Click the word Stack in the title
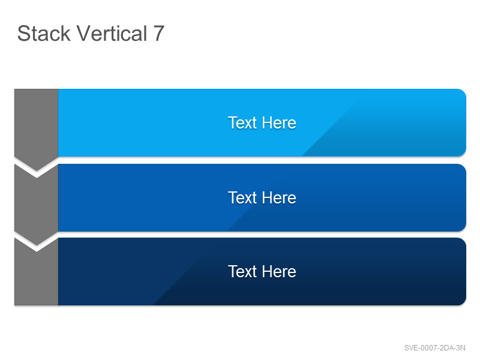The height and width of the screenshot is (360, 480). [x=44, y=34]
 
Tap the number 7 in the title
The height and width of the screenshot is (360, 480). [x=159, y=34]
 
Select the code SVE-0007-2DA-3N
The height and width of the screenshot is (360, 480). [x=434, y=348]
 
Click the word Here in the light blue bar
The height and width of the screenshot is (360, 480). [x=279, y=123]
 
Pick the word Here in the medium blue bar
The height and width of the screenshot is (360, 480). [x=279, y=197]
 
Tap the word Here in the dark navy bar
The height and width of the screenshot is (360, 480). [x=279, y=272]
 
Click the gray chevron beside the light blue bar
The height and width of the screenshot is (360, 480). [x=37, y=125]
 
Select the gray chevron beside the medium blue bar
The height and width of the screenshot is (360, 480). [x=37, y=202]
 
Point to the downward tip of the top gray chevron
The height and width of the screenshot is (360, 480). [x=37, y=170]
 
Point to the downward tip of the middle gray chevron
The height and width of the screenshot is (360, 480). [x=37, y=245]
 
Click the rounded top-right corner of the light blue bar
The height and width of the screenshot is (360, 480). [x=463, y=92]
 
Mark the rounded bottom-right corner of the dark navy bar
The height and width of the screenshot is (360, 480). [x=463, y=302]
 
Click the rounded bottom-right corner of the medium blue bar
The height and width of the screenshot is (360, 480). [x=463, y=228]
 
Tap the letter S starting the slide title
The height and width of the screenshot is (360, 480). [x=23, y=34]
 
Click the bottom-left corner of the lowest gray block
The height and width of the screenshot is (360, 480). [x=14, y=305]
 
